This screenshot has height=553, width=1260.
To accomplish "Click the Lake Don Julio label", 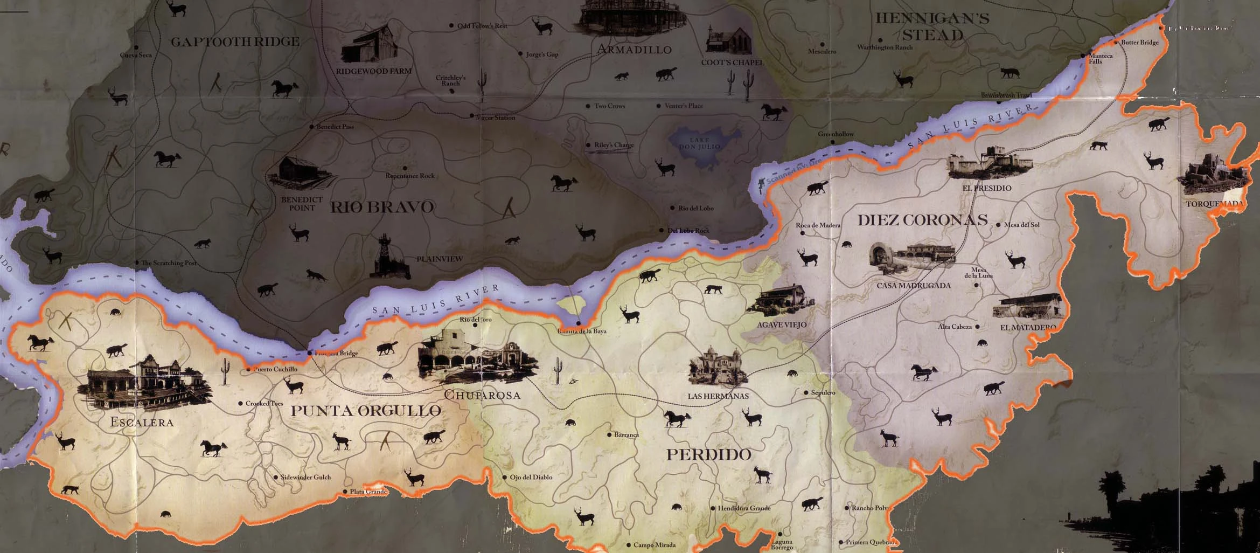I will point(699,143).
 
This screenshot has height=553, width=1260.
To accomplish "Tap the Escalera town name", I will point(142,422).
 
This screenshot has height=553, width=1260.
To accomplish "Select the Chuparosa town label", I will point(482,395).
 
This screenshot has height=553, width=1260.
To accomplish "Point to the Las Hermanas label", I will point(718,396).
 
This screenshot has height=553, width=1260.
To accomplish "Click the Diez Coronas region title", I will point(922,220).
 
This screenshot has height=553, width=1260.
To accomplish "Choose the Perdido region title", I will point(708,454).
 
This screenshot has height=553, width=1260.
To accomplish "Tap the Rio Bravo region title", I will point(382,207).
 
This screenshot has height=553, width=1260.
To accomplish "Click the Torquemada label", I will point(1215,204).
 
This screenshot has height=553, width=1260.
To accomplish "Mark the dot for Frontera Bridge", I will point(309,353).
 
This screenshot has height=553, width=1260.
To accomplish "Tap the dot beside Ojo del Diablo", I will point(505,477).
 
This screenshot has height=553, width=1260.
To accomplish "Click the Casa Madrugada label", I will point(914,286).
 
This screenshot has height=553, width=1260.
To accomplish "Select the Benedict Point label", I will point(302,204).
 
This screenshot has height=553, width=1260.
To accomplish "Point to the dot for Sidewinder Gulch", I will point(276,477).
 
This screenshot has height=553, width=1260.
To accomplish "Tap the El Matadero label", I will point(1028,327).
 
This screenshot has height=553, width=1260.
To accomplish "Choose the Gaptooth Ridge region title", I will point(235,42).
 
